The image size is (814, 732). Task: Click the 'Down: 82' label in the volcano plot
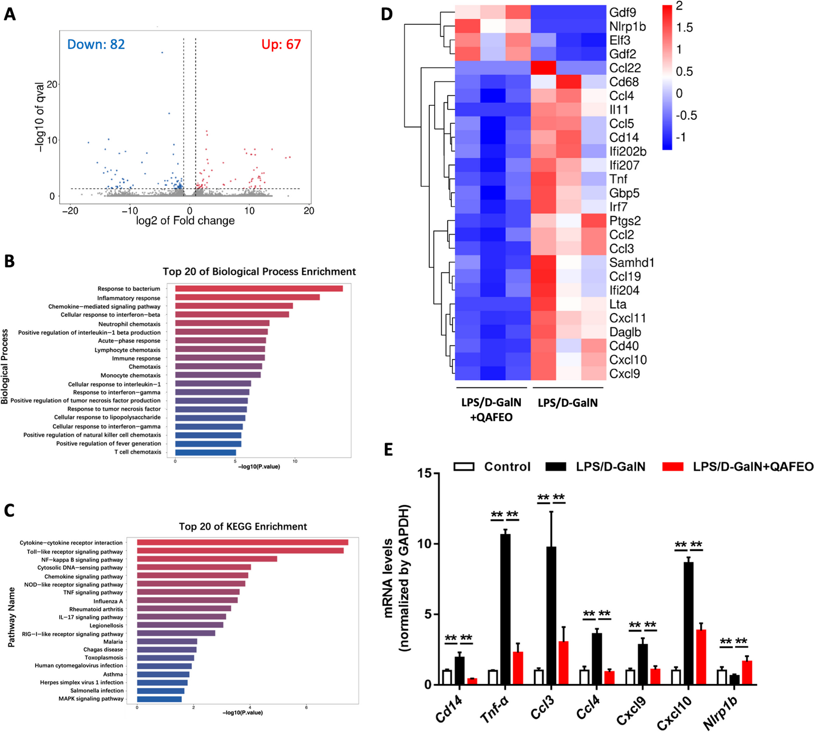pyautogui.click(x=96, y=44)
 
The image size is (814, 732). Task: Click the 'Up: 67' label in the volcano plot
pyautogui.click(x=281, y=44)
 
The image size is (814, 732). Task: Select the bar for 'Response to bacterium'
pyautogui.click(x=259, y=289)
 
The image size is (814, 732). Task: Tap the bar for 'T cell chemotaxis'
pyautogui.click(x=206, y=452)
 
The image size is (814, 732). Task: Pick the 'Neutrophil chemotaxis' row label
pyautogui.click(x=129, y=324)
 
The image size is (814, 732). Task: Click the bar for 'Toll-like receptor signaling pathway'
pyautogui.click(x=240, y=551)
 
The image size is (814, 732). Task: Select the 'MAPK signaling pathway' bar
pyautogui.click(x=159, y=699)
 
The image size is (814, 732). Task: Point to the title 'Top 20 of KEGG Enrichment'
pyautogui.click(x=243, y=526)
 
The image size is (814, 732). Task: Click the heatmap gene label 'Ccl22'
pyautogui.click(x=625, y=68)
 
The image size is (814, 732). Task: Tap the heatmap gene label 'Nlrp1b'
pyautogui.click(x=627, y=27)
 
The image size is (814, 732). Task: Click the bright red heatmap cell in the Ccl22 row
pyautogui.click(x=543, y=68)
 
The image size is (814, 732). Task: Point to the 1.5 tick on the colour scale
pyautogui.click(x=684, y=28)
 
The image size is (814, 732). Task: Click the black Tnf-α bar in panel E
pyautogui.click(x=505, y=609)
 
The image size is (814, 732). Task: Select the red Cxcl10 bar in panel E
pyautogui.click(x=701, y=657)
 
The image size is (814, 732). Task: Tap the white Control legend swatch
pyautogui.click(x=464, y=467)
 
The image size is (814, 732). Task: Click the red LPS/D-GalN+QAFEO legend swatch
pyautogui.click(x=673, y=467)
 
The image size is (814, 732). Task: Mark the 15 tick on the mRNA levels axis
pyautogui.click(x=424, y=473)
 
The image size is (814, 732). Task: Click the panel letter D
pyautogui.click(x=387, y=14)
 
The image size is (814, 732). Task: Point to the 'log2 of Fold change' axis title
pyautogui.click(x=185, y=221)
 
